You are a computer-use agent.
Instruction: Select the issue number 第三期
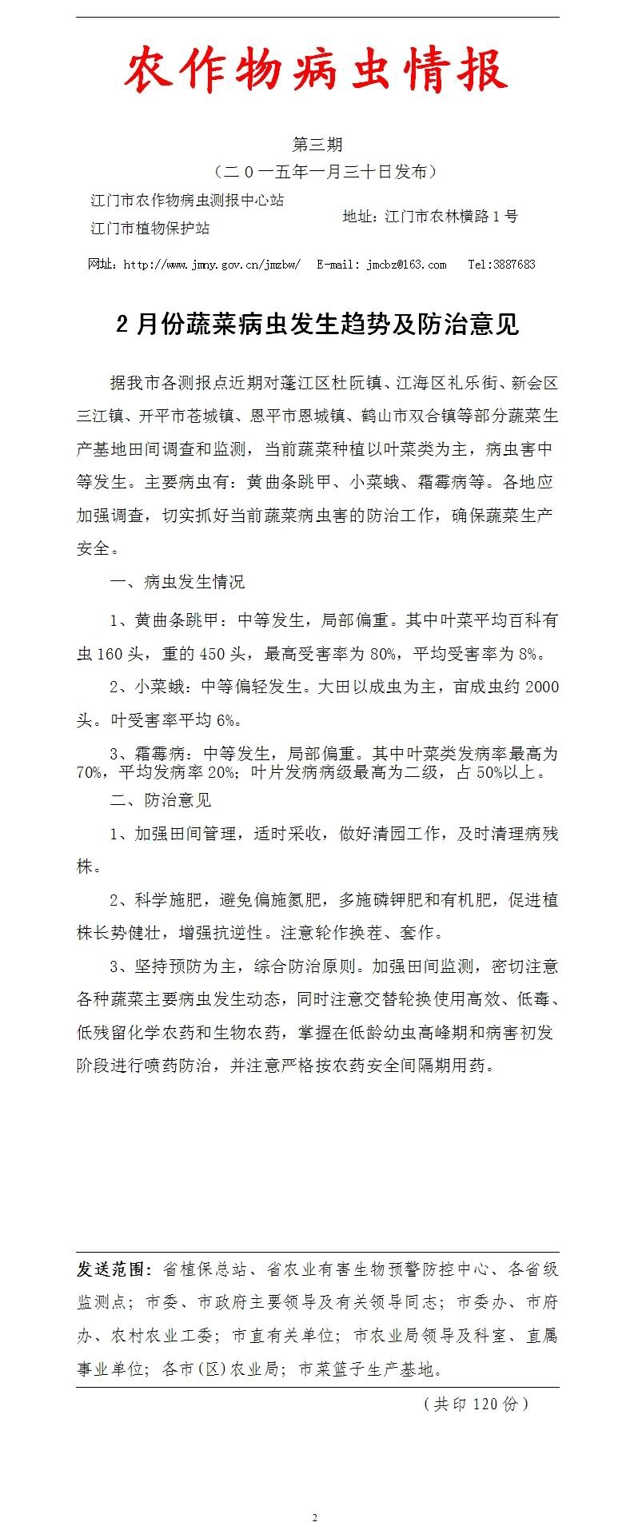pos(317,144)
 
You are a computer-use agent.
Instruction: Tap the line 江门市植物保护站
pos(150,229)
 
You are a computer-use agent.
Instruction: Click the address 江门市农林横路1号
pos(451,216)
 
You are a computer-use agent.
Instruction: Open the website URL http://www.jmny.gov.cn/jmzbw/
pos(212,265)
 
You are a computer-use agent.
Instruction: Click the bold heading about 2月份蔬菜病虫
pos(317,325)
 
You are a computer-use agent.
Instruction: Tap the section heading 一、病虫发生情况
pos(177,582)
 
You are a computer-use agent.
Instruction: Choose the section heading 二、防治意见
pos(160,800)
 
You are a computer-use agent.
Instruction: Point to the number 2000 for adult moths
pos(542,687)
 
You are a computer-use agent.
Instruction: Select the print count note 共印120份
pos(476,1404)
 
